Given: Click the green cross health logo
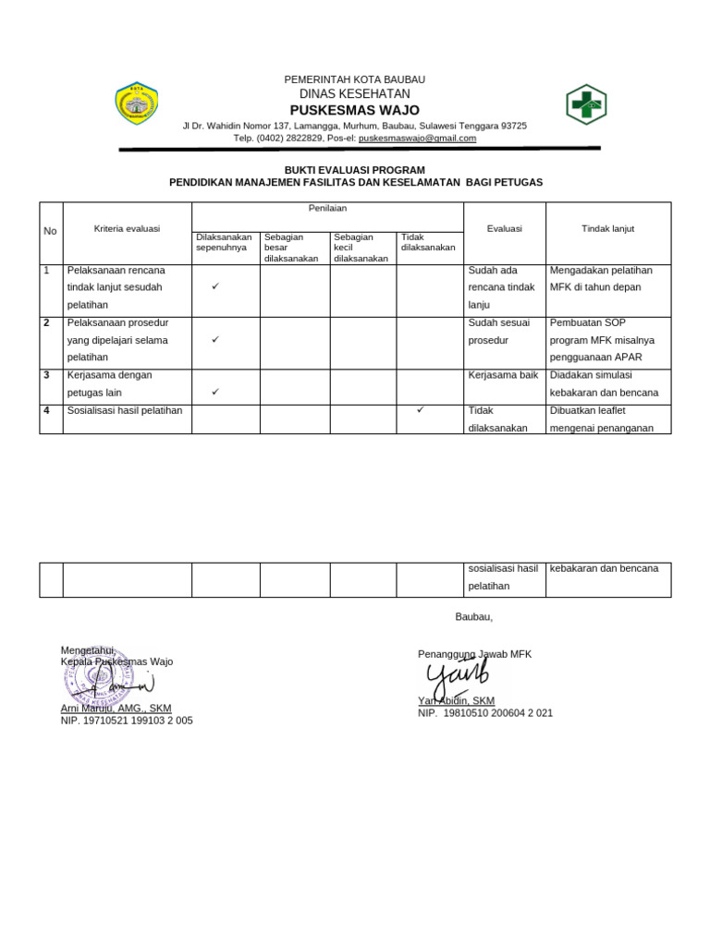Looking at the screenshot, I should coord(585,104).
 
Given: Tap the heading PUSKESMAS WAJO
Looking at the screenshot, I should coord(355,110).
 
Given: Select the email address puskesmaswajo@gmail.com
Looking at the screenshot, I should coord(417,139).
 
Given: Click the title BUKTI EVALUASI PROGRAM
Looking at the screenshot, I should coord(355,170).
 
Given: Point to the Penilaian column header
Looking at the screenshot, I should coord(327,210).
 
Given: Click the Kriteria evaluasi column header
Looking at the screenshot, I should coord(127,228).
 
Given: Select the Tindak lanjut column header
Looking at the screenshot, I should coord(607,228).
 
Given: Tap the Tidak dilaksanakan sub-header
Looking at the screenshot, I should coord(428,242).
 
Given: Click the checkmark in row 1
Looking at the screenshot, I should coord(214,287).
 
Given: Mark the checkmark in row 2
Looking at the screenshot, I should coord(214,340).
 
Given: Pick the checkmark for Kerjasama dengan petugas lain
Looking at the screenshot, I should coord(214,392).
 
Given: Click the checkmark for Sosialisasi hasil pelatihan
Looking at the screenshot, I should coord(420,409).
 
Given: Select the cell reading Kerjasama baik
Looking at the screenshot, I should coord(503,375).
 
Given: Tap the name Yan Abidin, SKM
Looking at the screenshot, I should coord(456,701).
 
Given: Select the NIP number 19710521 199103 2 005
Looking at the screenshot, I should coord(127,721).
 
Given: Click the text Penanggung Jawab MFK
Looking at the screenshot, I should coord(474,654).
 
